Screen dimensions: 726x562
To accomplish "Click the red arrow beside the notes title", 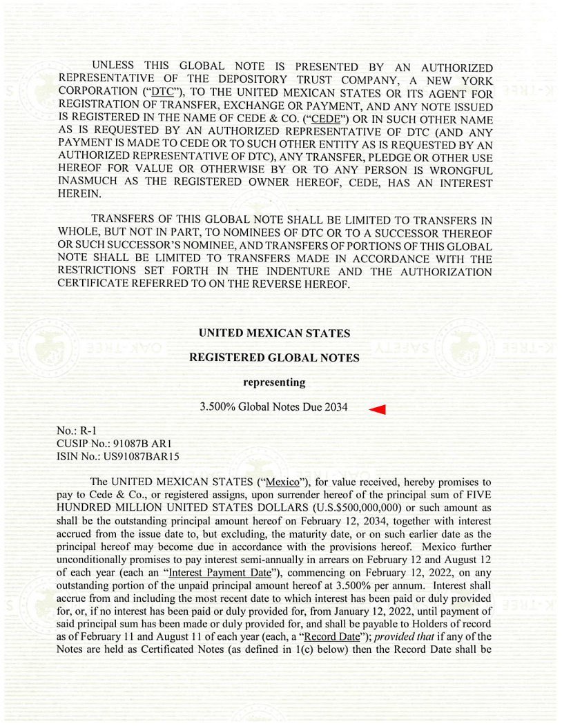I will [377, 410].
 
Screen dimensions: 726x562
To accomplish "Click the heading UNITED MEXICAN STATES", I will [274, 333].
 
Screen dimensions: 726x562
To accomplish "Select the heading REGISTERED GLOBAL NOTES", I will [274, 357].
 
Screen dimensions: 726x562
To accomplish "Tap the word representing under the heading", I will [274, 382].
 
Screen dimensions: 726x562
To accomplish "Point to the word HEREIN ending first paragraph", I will [80, 195].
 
